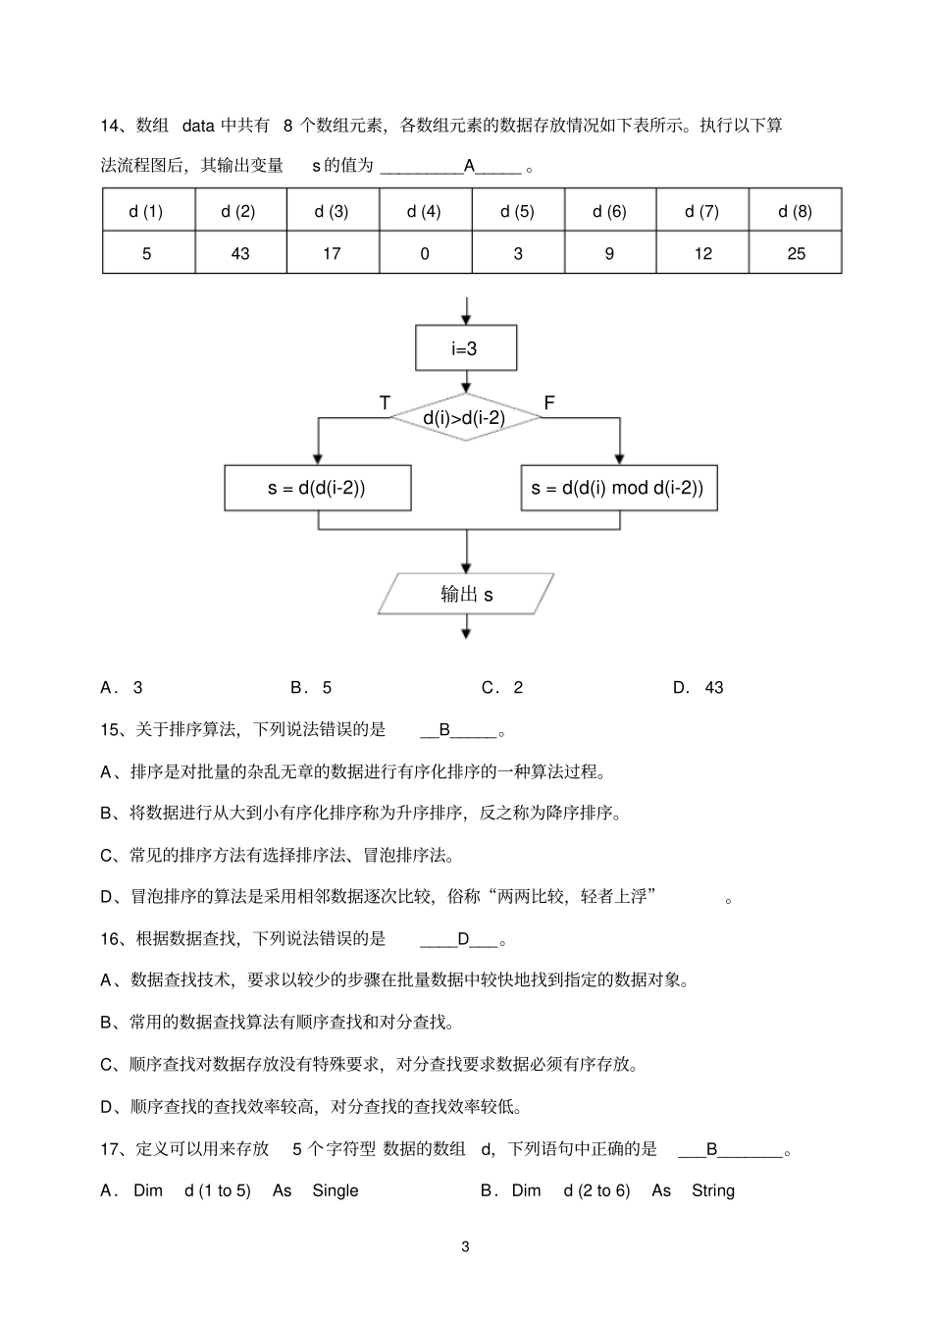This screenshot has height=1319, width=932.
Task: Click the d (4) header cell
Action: pos(424,211)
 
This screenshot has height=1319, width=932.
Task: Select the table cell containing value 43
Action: pos(240,253)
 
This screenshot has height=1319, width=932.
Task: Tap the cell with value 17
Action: pos(332,253)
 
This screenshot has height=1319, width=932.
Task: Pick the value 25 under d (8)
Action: pos(796,253)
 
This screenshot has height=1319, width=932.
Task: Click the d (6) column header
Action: pos(609,211)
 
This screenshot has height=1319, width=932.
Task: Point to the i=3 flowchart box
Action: pos(466,348)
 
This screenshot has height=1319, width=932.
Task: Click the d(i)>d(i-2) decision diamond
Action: pos(466,418)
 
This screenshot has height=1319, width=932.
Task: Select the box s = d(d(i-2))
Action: pos(317,488)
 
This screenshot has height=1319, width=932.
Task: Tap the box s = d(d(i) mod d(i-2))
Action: pos(618,488)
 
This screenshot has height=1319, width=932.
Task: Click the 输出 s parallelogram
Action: pos(466,594)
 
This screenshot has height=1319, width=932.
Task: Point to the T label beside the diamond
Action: pos(385,403)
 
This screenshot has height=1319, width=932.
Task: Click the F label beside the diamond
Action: pos(549,403)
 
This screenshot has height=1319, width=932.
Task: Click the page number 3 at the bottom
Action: pos(465,1247)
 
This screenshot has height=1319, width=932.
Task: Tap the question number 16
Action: pos(110,939)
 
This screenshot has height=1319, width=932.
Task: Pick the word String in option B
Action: pos(712,1190)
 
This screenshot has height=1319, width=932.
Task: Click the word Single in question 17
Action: pos(336,1190)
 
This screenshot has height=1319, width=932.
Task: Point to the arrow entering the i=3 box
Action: pos(466,312)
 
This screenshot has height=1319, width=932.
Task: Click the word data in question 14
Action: pos(198,126)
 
